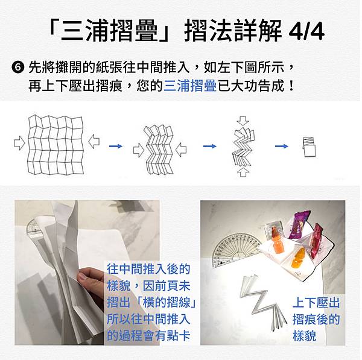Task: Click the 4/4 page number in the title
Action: coord(306,31)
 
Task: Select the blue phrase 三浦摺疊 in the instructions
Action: coord(190,86)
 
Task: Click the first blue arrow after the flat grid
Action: coord(116,146)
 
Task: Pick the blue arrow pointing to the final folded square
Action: coord(282,146)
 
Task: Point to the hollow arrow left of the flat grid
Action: coord(19,143)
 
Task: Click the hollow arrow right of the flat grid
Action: coord(94,141)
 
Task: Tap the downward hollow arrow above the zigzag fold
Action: coord(243,121)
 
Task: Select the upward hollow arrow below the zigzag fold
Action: coord(243,172)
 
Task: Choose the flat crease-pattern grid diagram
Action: coord(56,145)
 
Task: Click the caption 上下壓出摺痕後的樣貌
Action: coord(316,319)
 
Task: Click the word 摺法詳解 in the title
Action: coord(233,31)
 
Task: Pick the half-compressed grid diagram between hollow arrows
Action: coord(160,150)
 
